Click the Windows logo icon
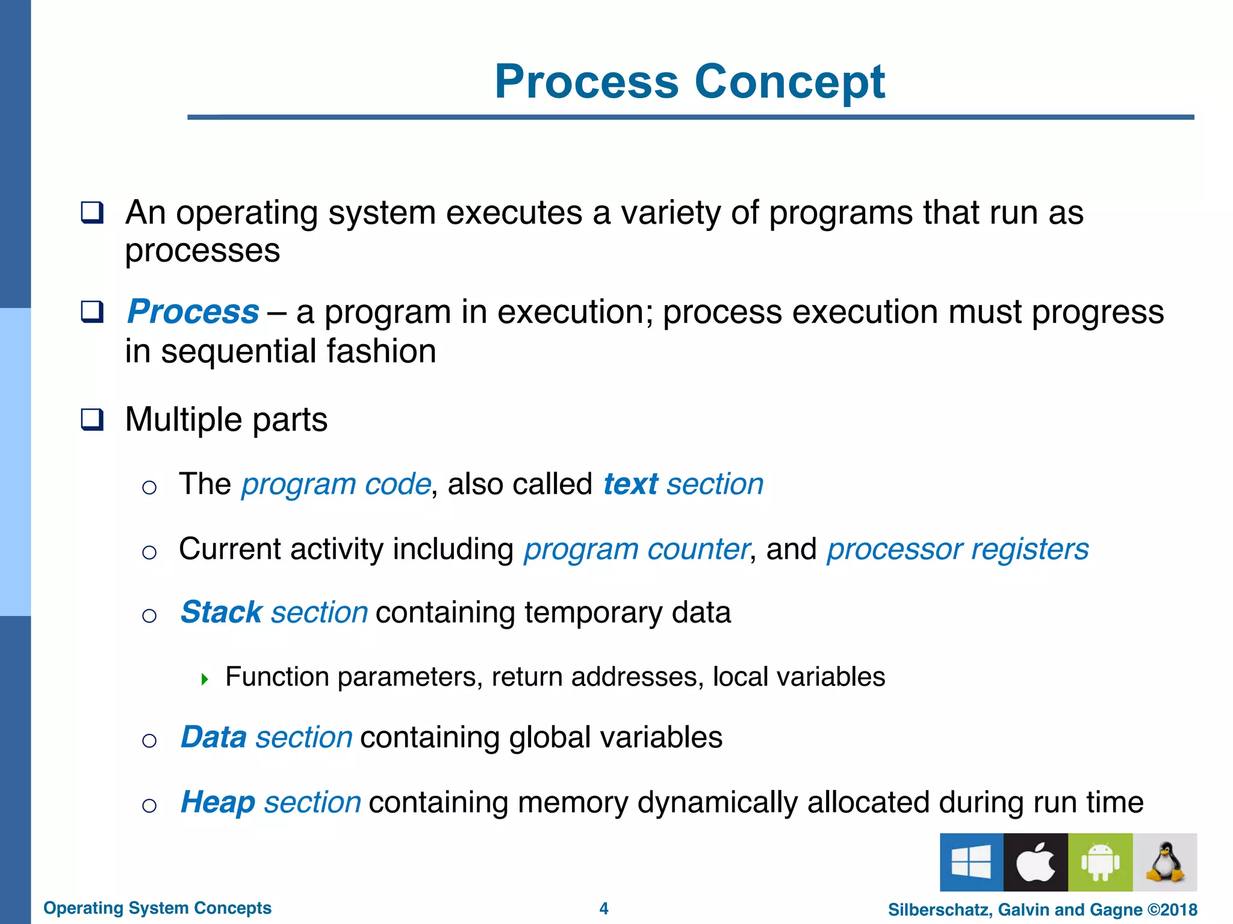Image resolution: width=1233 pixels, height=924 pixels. click(971, 862)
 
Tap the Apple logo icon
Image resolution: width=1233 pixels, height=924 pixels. click(1036, 862)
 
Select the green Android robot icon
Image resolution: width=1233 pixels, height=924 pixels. click(1100, 862)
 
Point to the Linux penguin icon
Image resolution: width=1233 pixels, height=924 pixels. click(1164, 862)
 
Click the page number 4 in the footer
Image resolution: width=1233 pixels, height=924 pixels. click(604, 908)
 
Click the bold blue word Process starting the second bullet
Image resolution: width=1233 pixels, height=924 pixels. click(193, 312)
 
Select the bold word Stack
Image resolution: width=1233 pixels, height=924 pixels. click(221, 612)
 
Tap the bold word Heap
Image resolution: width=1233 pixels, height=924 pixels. click(218, 802)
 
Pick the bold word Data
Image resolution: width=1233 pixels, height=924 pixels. click(214, 738)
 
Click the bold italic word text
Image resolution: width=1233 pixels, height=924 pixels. click(630, 484)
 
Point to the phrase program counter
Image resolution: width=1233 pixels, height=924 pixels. click(636, 549)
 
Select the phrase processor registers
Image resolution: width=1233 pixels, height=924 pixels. click(957, 549)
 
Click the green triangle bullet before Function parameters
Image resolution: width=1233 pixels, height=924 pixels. click(205, 680)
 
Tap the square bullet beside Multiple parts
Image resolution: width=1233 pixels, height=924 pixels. click(92, 419)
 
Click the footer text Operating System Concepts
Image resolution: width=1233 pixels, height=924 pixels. click(157, 908)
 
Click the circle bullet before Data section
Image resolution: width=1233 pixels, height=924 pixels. click(149, 741)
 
